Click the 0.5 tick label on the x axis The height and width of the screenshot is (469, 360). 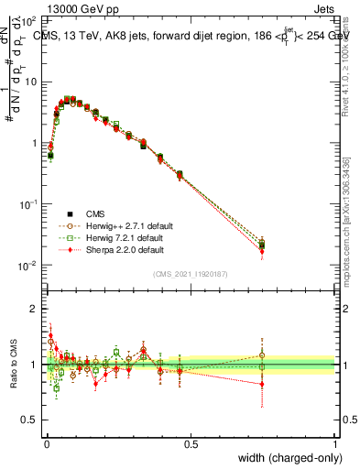click(191, 443)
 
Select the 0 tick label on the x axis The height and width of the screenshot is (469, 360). click(47, 443)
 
